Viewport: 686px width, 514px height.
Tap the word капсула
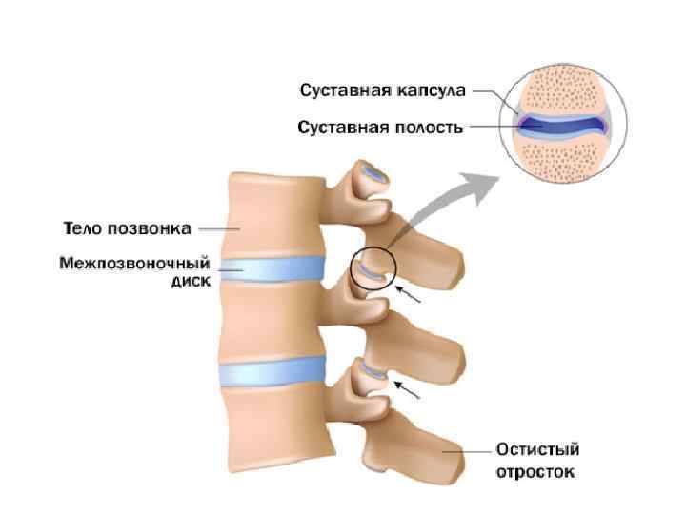tap(430, 91)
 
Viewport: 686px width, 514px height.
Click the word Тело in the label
tap(81, 228)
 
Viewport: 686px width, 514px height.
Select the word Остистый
tap(535, 450)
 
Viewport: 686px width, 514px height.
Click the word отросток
tap(535, 472)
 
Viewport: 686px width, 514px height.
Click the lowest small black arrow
tap(408, 389)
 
